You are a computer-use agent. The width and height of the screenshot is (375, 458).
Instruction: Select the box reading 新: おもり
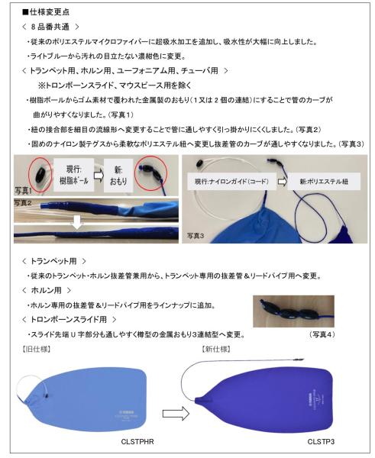121,153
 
